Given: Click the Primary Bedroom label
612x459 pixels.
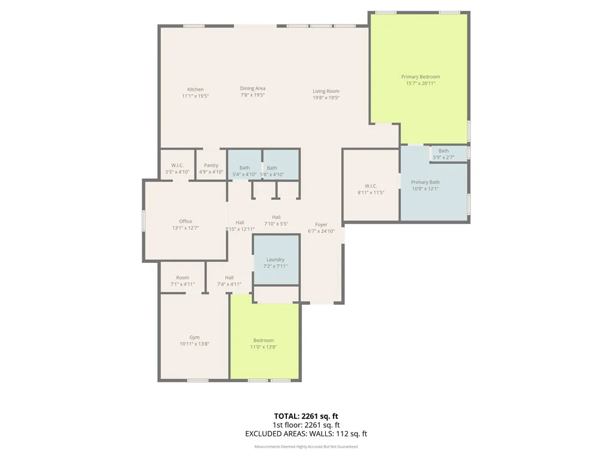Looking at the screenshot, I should pyautogui.click(x=420, y=77).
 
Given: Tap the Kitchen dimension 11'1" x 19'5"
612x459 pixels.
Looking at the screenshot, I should pyautogui.click(x=195, y=96).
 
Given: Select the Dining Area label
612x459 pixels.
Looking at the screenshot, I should pyautogui.click(x=252, y=88).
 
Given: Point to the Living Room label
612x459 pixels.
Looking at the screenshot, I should pyautogui.click(x=326, y=91).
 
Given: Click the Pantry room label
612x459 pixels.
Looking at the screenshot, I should pyautogui.click(x=211, y=166).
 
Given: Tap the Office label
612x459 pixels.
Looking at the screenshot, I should pyautogui.click(x=185, y=222).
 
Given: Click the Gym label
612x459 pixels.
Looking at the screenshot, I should pyautogui.click(x=194, y=337).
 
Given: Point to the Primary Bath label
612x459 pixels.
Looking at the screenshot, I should pyautogui.click(x=425, y=182).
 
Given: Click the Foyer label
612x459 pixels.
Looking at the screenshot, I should pyautogui.click(x=321, y=225).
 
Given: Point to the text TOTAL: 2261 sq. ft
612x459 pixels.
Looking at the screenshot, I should pyautogui.click(x=306, y=416).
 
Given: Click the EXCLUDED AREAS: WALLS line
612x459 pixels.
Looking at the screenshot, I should pyautogui.click(x=306, y=433).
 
